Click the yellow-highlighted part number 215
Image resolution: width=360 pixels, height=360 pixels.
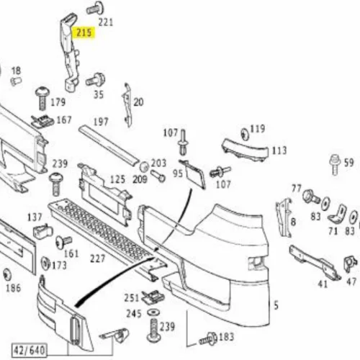pos(84,32)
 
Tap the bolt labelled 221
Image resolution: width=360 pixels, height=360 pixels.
pos(95,8)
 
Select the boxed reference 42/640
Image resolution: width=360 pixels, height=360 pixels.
pos(30,350)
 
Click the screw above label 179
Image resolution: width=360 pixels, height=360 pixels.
pos(42,98)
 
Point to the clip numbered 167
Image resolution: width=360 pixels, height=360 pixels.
pos(43,121)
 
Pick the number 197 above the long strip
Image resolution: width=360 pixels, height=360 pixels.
pos(101,122)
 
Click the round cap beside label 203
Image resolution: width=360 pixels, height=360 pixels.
pos(144,166)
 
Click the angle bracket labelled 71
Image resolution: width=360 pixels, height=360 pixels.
pos(337,215)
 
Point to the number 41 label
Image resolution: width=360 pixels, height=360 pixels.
pos(323,284)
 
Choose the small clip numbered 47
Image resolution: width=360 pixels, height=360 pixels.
pos(351,264)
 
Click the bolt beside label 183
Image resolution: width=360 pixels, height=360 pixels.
pos(208,338)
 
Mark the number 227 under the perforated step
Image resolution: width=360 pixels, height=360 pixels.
pos(98,258)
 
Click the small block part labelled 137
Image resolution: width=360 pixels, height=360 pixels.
pos(42,230)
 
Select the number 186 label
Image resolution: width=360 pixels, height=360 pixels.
pos(14,288)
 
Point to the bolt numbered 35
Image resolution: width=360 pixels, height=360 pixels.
pos(96,79)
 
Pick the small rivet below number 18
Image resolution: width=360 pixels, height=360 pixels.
pos(17,81)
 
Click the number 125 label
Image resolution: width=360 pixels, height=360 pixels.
pos(117,179)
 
